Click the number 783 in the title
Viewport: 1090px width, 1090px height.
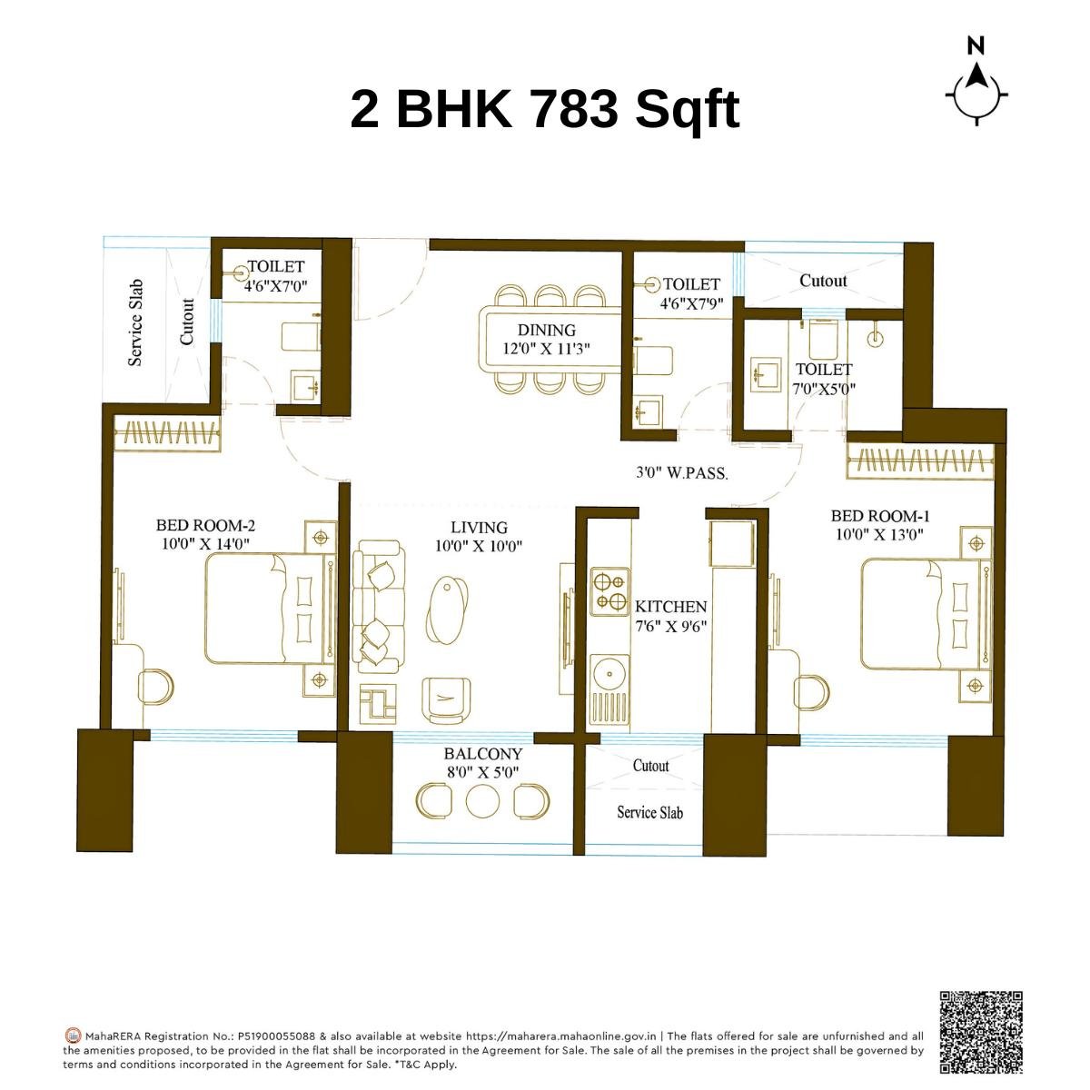pos(572,109)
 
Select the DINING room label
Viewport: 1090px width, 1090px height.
pos(547,330)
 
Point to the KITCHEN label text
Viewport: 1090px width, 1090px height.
pos(670,607)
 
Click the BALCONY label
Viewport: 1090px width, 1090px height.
pos(482,754)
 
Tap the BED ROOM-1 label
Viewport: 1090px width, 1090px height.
pos(879,516)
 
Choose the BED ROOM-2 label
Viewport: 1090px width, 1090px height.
pos(205,525)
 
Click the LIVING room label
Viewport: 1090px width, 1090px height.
pos(479,527)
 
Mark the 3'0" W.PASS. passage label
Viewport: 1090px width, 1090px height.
pos(681,472)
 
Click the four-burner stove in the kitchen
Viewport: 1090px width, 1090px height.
pos(609,590)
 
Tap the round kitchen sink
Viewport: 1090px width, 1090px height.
pos(606,673)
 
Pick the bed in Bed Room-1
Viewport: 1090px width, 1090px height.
pos(917,614)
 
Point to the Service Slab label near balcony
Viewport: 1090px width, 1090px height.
pos(649,812)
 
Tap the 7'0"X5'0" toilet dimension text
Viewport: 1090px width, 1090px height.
pos(824,389)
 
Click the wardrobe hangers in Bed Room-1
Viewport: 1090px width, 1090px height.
pos(919,461)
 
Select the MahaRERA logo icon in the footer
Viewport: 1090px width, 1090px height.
pos(74,1035)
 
